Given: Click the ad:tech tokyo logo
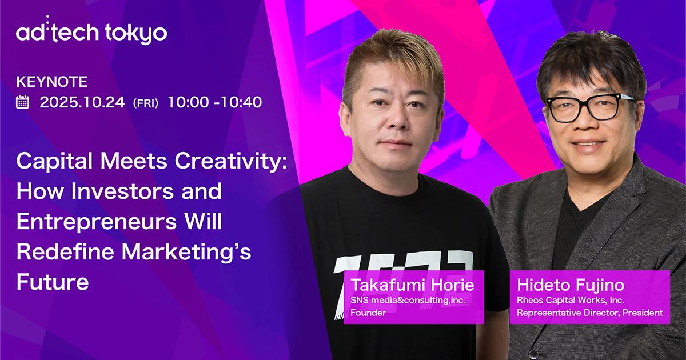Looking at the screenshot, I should point(91,33).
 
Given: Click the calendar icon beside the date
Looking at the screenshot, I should point(23,103).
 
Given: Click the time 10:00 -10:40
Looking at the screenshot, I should point(215,103).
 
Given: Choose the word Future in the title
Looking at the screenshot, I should point(53,282).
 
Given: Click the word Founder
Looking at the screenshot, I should point(368,313).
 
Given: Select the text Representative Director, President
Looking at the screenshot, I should point(589,313).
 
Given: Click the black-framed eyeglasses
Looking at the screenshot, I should point(589,107).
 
